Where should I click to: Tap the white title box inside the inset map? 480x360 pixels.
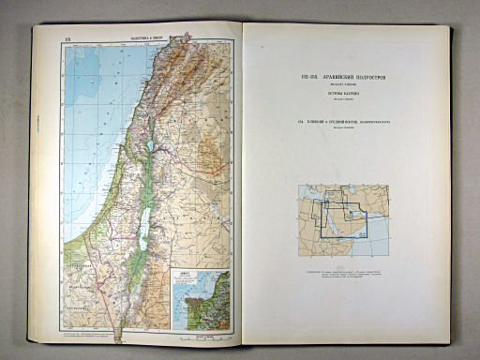click(188, 277)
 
